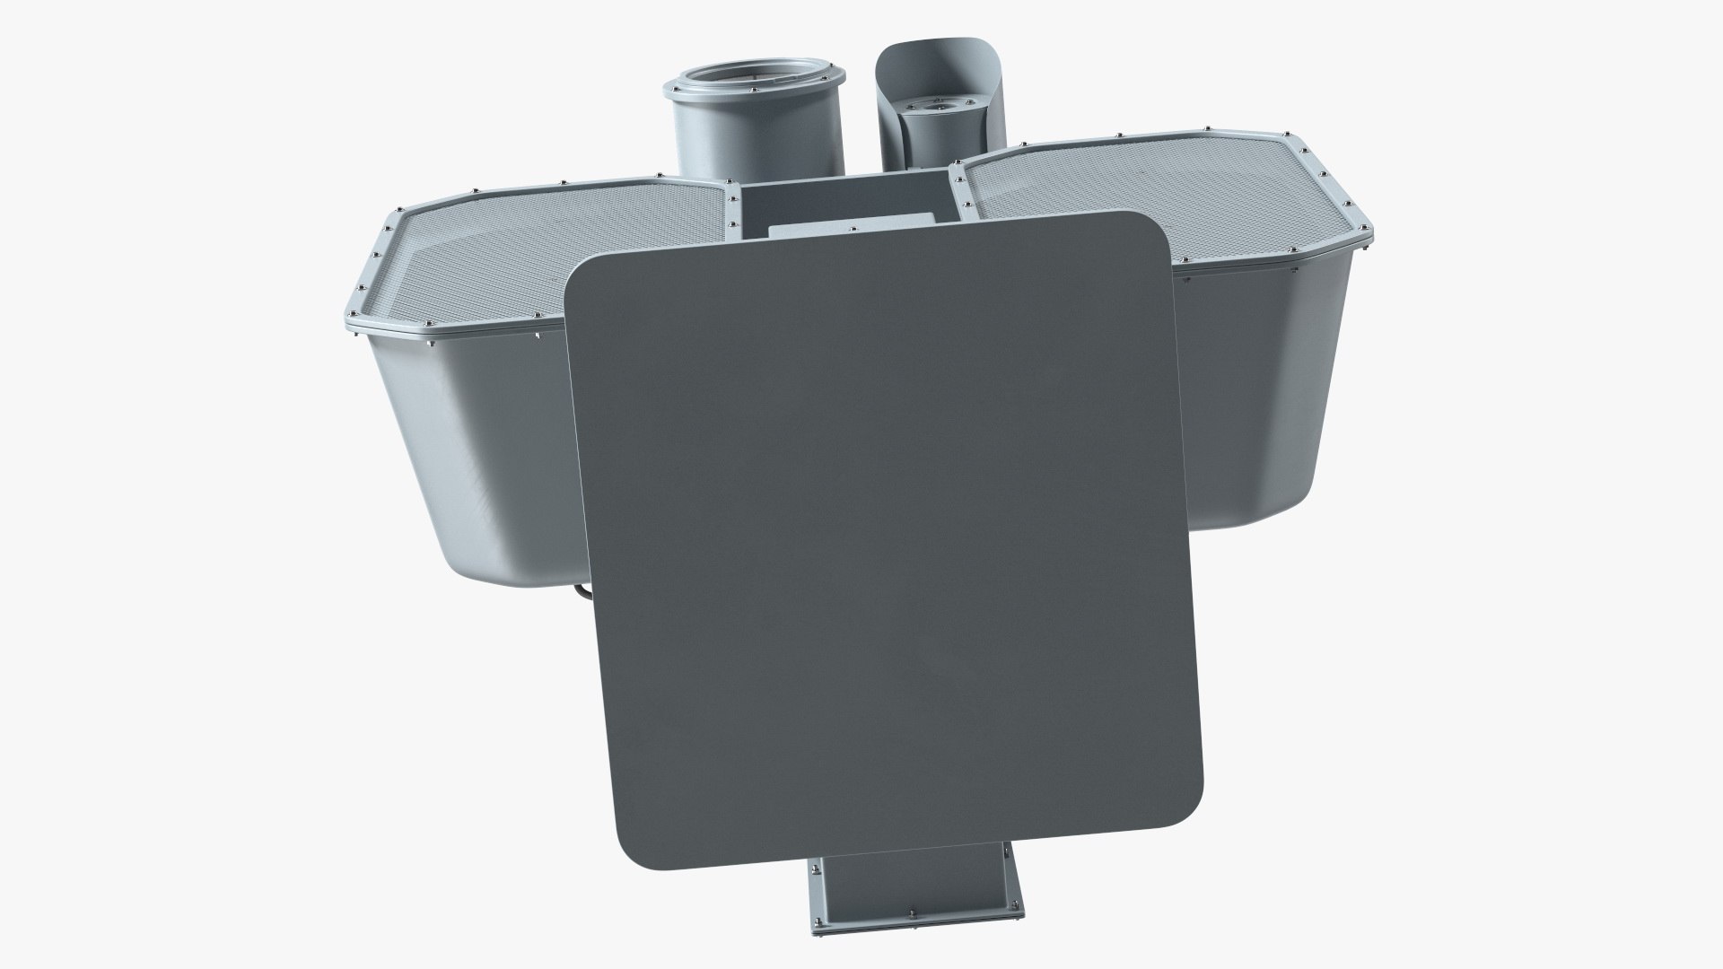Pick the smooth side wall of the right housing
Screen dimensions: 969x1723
pyautogui.click(x=1256, y=404)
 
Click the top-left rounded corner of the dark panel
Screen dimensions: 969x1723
pyautogui.click(x=583, y=274)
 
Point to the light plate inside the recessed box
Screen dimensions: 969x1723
pyautogui.click(x=848, y=229)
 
